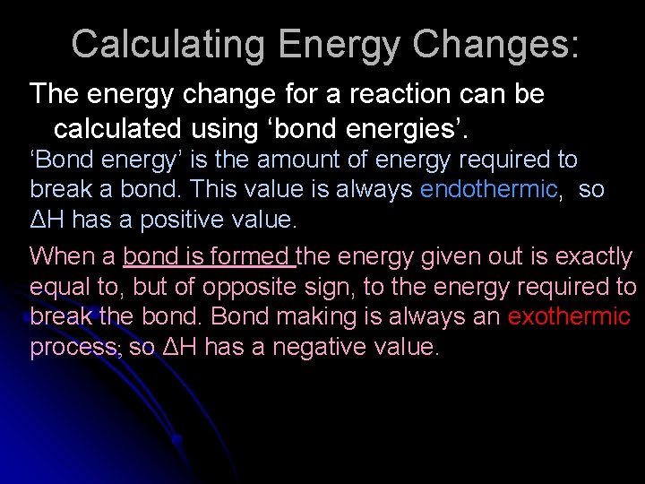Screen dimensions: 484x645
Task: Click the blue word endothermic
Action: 489,190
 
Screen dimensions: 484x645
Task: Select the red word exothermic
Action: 569,317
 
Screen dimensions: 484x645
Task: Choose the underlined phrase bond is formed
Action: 208,257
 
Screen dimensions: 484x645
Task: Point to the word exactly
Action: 593,257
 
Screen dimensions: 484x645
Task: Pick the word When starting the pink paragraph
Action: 59,257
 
